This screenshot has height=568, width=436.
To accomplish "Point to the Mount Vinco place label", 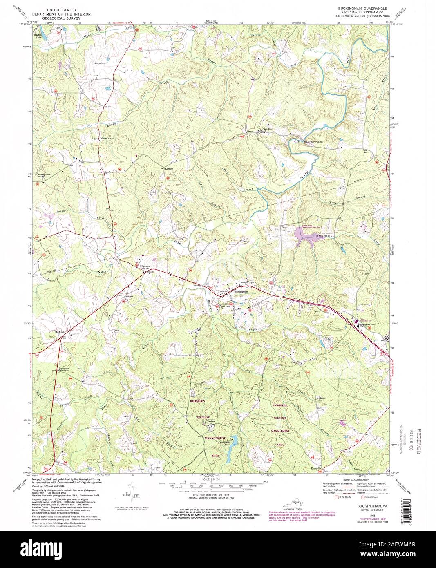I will click(x=104, y=139).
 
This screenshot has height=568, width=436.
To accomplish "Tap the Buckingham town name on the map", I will click(x=241, y=292).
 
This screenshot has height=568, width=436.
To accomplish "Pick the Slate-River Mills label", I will click(x=314, y=141).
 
